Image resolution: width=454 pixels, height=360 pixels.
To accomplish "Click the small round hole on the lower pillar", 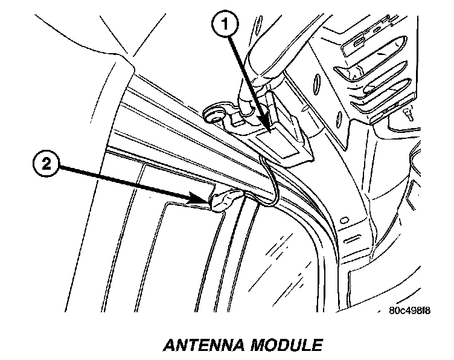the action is tap(344, 219).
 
